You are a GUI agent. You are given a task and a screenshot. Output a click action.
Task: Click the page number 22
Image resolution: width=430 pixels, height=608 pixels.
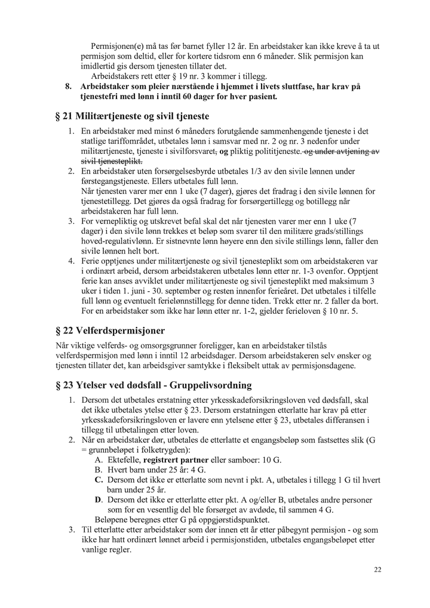(377, 570)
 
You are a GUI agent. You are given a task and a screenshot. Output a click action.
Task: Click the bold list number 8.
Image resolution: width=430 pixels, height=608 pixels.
(68, 87)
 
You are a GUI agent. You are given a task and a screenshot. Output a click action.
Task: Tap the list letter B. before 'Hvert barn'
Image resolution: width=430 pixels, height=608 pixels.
(99, 470)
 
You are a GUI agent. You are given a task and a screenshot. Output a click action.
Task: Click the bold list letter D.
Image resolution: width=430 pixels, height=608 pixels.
(99, 499)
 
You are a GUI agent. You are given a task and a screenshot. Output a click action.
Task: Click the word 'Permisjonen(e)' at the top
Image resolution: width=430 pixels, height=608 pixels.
(119, 46)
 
